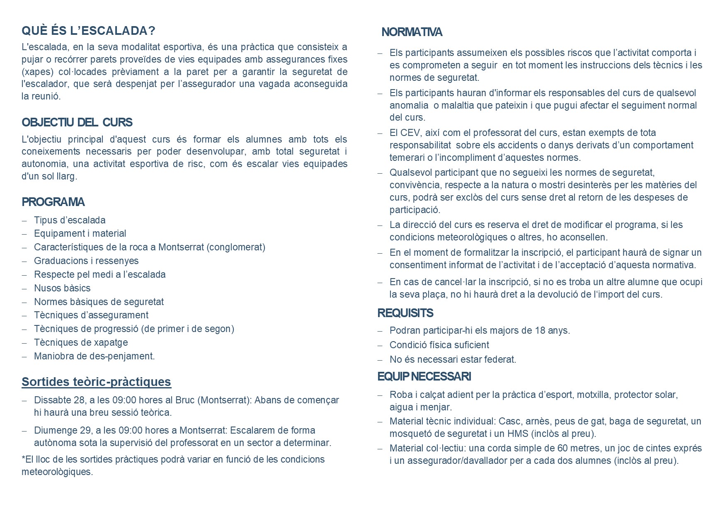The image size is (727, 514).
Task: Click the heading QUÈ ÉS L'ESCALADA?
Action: coord(88,31)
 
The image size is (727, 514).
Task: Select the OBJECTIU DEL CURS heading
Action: coord(77,122)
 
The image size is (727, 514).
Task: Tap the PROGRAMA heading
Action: coord(53,202)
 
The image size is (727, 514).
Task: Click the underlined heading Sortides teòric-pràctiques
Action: coord(96,382)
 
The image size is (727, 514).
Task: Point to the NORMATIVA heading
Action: coord(412,32)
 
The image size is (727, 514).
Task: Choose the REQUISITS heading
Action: coord(405,313)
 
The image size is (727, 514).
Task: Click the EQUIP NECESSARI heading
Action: coord(424,376)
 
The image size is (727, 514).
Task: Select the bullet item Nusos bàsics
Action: coord(62,288)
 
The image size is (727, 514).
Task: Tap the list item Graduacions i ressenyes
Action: coord(86,261)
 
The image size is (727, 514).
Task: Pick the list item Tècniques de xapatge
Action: coord(81,342)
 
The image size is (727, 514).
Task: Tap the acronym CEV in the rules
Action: coord(410,133)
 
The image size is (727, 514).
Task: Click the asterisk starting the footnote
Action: coord(23,459)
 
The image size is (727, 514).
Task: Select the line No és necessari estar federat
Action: coord(453,359)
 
